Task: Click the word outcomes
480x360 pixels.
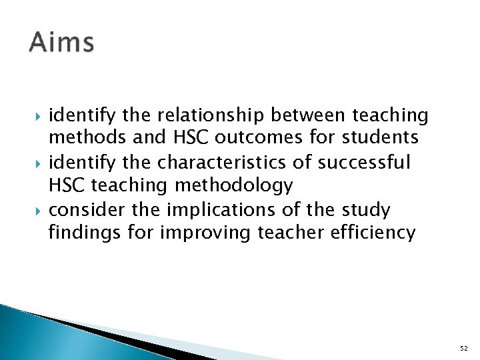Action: click(x=242, y=138)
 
